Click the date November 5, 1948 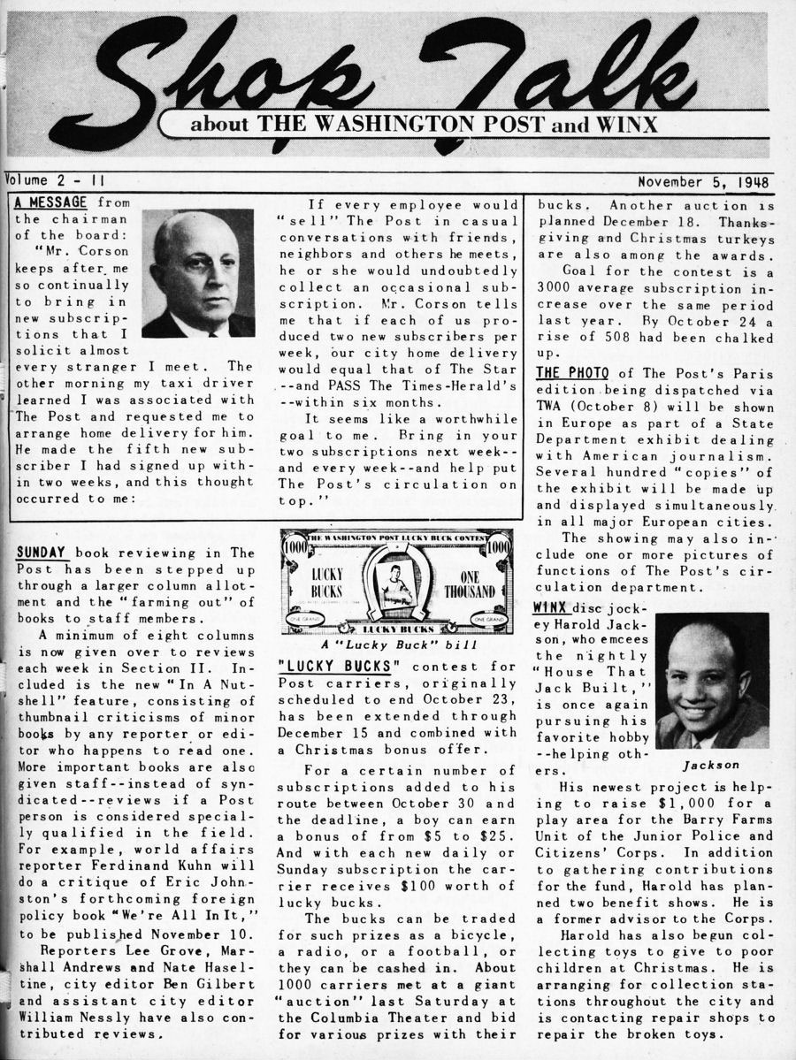703,184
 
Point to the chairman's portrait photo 198,273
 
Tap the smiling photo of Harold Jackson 712,681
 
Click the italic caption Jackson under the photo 711,765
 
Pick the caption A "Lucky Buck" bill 395,645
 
